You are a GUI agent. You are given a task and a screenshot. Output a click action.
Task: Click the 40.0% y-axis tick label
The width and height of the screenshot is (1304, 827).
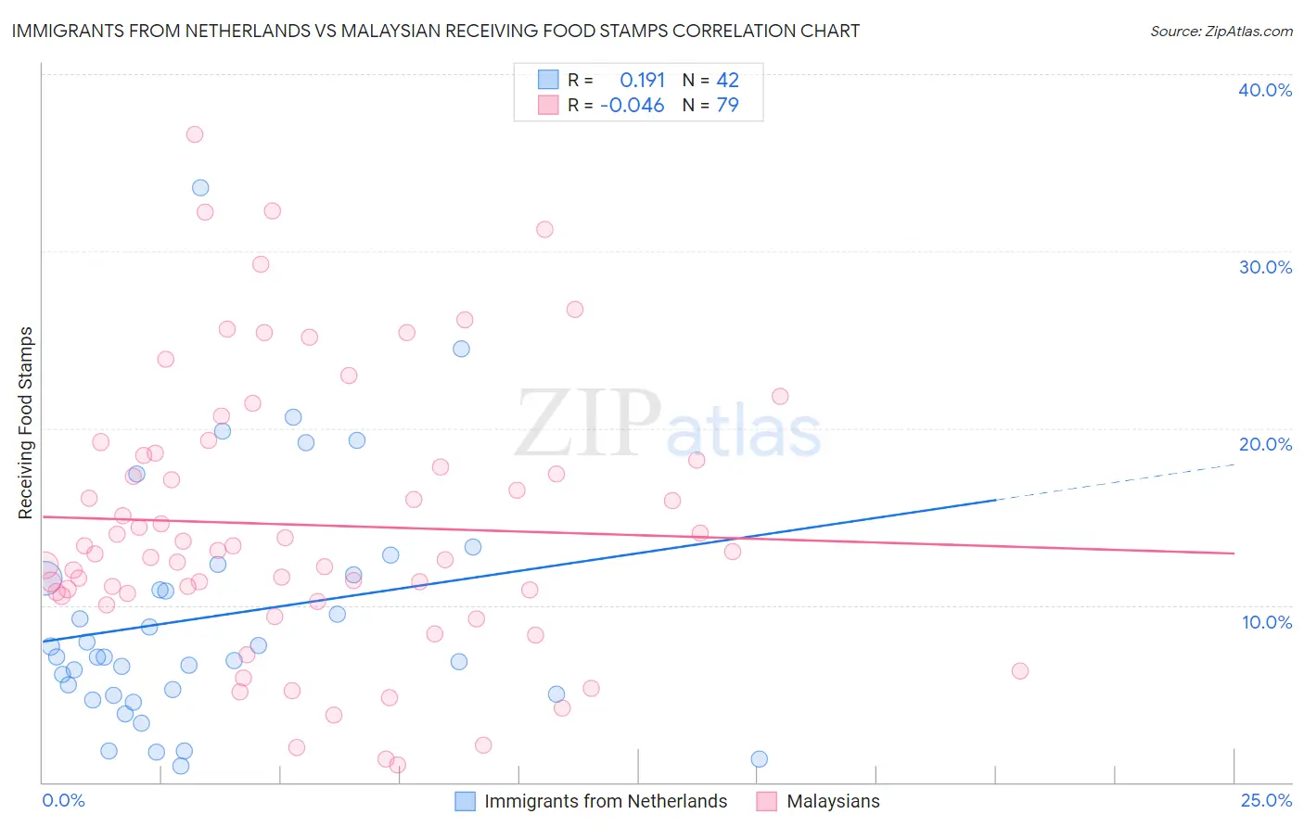click(1265, 90)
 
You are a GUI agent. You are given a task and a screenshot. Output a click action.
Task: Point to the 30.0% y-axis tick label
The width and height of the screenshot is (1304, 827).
click(1265, 267)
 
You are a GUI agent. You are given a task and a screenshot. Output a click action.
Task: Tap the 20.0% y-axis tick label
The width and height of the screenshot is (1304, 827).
click(1265, 444)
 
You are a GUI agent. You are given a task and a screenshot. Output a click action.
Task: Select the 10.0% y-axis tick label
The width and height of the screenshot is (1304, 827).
click(1267, 622)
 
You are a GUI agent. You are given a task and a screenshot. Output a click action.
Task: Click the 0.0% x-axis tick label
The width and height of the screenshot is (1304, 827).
click(63, 800)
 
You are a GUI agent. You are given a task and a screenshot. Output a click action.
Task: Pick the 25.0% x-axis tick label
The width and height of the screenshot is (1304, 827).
click(1266, 800)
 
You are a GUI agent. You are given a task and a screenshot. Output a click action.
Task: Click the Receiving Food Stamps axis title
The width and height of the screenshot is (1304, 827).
click(26, 423)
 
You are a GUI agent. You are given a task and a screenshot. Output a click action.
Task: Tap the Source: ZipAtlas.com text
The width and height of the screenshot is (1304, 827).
click(1221, 32)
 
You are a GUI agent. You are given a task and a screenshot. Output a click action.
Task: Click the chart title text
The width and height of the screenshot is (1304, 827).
click(436, 32)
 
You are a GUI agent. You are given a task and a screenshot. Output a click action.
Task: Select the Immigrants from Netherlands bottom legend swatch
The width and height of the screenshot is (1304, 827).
click(465, 801)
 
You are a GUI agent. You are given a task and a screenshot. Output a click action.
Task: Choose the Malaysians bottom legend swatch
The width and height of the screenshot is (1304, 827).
click(766, 801)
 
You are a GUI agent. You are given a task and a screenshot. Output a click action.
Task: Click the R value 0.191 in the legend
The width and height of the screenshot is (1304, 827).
click(642, 81)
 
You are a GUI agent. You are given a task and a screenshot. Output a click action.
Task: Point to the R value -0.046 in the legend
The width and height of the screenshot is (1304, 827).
click(633, 106)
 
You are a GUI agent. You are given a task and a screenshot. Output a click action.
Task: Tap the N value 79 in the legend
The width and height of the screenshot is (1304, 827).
click(728, 106)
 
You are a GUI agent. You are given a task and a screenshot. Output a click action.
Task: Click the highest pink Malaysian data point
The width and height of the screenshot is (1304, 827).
click(194, 134)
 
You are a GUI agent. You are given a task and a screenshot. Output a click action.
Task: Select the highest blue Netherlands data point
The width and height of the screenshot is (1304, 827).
click(200, 188)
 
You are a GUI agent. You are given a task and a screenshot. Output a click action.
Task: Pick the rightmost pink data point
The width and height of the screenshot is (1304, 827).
click(1020, 671)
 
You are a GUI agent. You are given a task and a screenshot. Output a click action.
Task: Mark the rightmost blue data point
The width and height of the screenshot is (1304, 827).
click(760, 759)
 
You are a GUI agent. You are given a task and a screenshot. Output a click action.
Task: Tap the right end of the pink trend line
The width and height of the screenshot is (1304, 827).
click(1234, 553)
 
